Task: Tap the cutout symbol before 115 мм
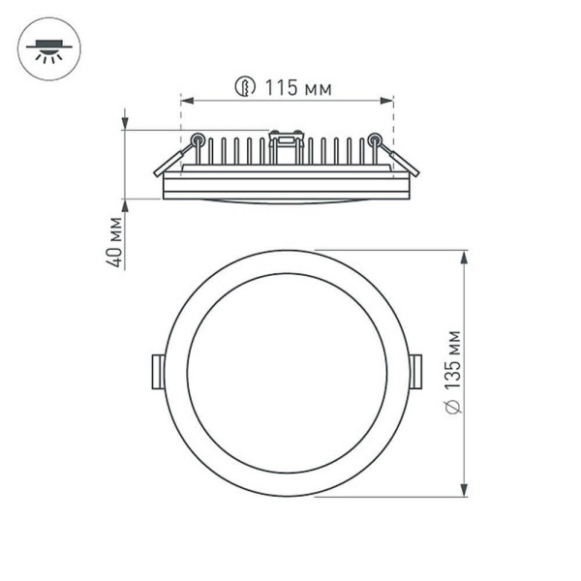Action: coord(246,89)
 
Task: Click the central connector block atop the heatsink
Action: coord(286,145)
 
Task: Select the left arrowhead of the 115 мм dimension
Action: coord(187,100)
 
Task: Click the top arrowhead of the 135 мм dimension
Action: coord(467,258)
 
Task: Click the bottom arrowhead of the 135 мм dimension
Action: coord(467,489)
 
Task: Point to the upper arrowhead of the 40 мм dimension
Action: coord(126,123)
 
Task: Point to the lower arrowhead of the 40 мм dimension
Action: coord(126,205)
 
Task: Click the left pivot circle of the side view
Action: coord(198,140)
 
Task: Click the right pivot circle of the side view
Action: coord(375,140)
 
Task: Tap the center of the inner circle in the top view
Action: coord(287,374)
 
